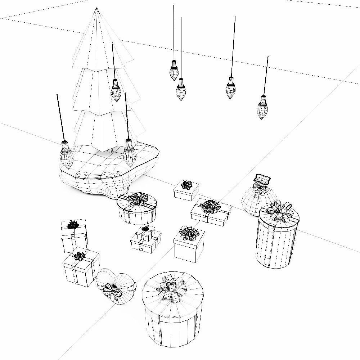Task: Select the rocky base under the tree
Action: point(108,173)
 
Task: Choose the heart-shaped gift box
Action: point(115,286)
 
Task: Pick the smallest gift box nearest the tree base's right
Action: point(186,191)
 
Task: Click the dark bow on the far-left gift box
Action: point(73,225)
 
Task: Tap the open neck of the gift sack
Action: point(262,179)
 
